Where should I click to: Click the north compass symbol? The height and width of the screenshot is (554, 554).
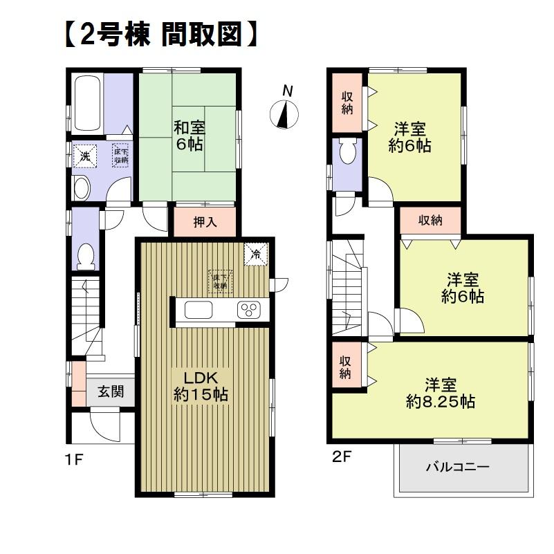[x=284, y=113]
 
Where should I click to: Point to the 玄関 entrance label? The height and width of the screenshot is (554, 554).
[x=110, y=392]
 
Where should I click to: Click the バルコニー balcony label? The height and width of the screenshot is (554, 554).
[x=457, y=467]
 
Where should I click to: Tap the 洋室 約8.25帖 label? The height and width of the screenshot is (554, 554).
[x=441, y=392]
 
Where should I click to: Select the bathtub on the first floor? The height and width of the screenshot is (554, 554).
[x=88, y=103]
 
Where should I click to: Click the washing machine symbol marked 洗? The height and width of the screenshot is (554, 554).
[x=85, y=156]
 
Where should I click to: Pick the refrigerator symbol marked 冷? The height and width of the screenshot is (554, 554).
[x=255, y=253]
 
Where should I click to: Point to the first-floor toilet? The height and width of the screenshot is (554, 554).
[x=86, y=257]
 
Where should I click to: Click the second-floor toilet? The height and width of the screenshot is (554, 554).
[x=347, y=153]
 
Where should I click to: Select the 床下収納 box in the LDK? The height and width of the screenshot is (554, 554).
[x=220, y=280]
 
